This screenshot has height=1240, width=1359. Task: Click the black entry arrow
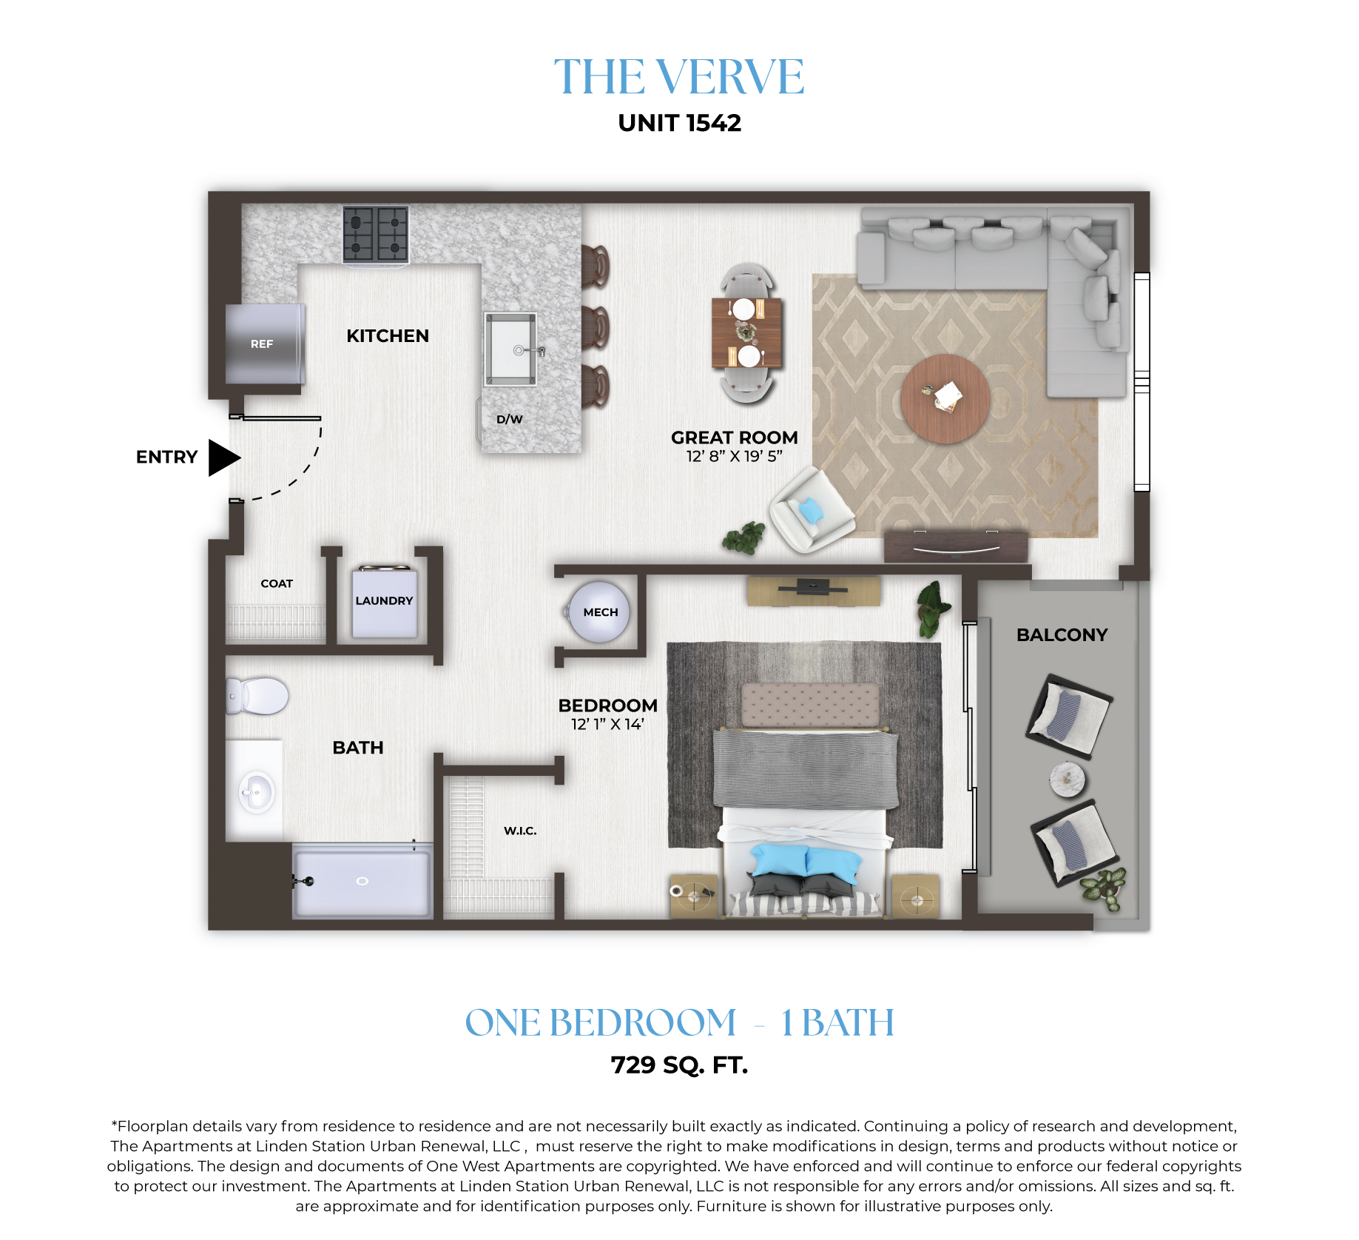[x=223, y=458]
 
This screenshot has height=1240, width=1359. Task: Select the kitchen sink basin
[x=510, y=349]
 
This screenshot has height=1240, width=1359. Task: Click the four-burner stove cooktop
[x=376, y=234]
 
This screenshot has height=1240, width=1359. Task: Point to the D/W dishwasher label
[x=509, y=419]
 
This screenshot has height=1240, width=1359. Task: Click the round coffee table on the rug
[x=945, y=399]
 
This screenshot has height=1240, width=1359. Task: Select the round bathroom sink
[x=257, y=792]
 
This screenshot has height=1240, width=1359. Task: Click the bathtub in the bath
[x=362, y=881]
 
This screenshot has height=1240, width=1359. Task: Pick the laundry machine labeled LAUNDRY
[x=384, y=602]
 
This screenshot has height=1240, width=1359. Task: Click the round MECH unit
[x=599, y=611]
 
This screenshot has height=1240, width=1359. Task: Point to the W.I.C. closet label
[x=520, y=831]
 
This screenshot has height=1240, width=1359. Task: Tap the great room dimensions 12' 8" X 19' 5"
[x=734, y=456]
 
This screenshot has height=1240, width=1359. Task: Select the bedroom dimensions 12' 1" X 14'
[x=607, y=724]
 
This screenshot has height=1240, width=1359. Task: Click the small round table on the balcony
[x=1068, y=780]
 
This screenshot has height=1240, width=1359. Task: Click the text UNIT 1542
[x=679, y=123]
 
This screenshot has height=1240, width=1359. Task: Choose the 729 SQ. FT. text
[x=679, y=1065]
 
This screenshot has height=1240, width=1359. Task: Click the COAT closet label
[x=277, y=583]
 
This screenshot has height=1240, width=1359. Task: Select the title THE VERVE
[x=679, y=76]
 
